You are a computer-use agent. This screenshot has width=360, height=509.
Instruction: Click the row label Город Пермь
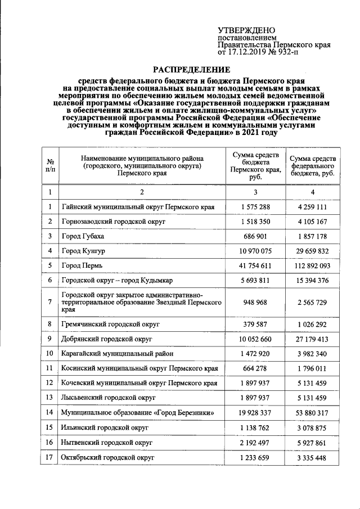pos(82,265)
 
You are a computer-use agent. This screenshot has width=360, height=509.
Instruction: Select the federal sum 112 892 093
pos(312,265)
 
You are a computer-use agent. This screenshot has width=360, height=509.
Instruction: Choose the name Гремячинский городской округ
pos(111,325)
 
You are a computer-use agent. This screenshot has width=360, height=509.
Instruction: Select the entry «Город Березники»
pos(138,413)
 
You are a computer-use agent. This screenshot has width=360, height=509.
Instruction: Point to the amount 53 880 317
pos(312,413)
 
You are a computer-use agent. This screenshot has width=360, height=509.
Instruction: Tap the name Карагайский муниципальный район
pos(118,354)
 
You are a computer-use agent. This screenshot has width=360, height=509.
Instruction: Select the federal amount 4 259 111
pos(312,207)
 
